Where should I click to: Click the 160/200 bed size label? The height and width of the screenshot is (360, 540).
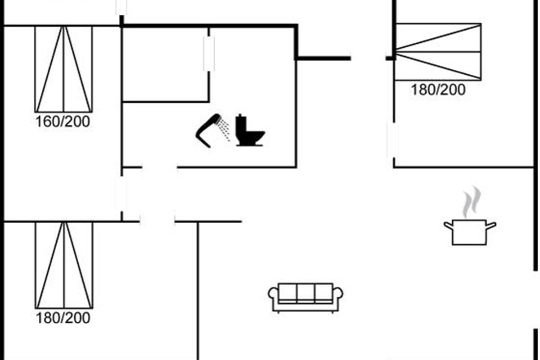coord(63,121)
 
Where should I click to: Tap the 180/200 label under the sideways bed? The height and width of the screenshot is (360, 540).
coord(438,89)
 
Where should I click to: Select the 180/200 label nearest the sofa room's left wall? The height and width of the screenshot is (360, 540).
coord(63,318)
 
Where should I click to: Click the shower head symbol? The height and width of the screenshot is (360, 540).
coord(208,130)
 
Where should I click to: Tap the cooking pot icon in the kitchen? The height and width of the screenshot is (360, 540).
coord(469,231)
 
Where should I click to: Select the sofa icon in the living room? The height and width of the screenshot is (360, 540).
coord(306,297)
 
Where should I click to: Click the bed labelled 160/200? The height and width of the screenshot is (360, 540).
coord(63,69)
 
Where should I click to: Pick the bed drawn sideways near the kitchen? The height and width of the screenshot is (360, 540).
coord(438,52)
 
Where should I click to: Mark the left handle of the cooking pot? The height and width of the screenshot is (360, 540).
coord(448,225)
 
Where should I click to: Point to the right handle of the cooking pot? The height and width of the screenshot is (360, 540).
coord(491,225)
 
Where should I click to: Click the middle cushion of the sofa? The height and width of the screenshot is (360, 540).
coord(306,292)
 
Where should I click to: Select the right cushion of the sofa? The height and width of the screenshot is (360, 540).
coord(324,292)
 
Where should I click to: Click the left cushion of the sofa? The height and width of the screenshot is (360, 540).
coord(288,292)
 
